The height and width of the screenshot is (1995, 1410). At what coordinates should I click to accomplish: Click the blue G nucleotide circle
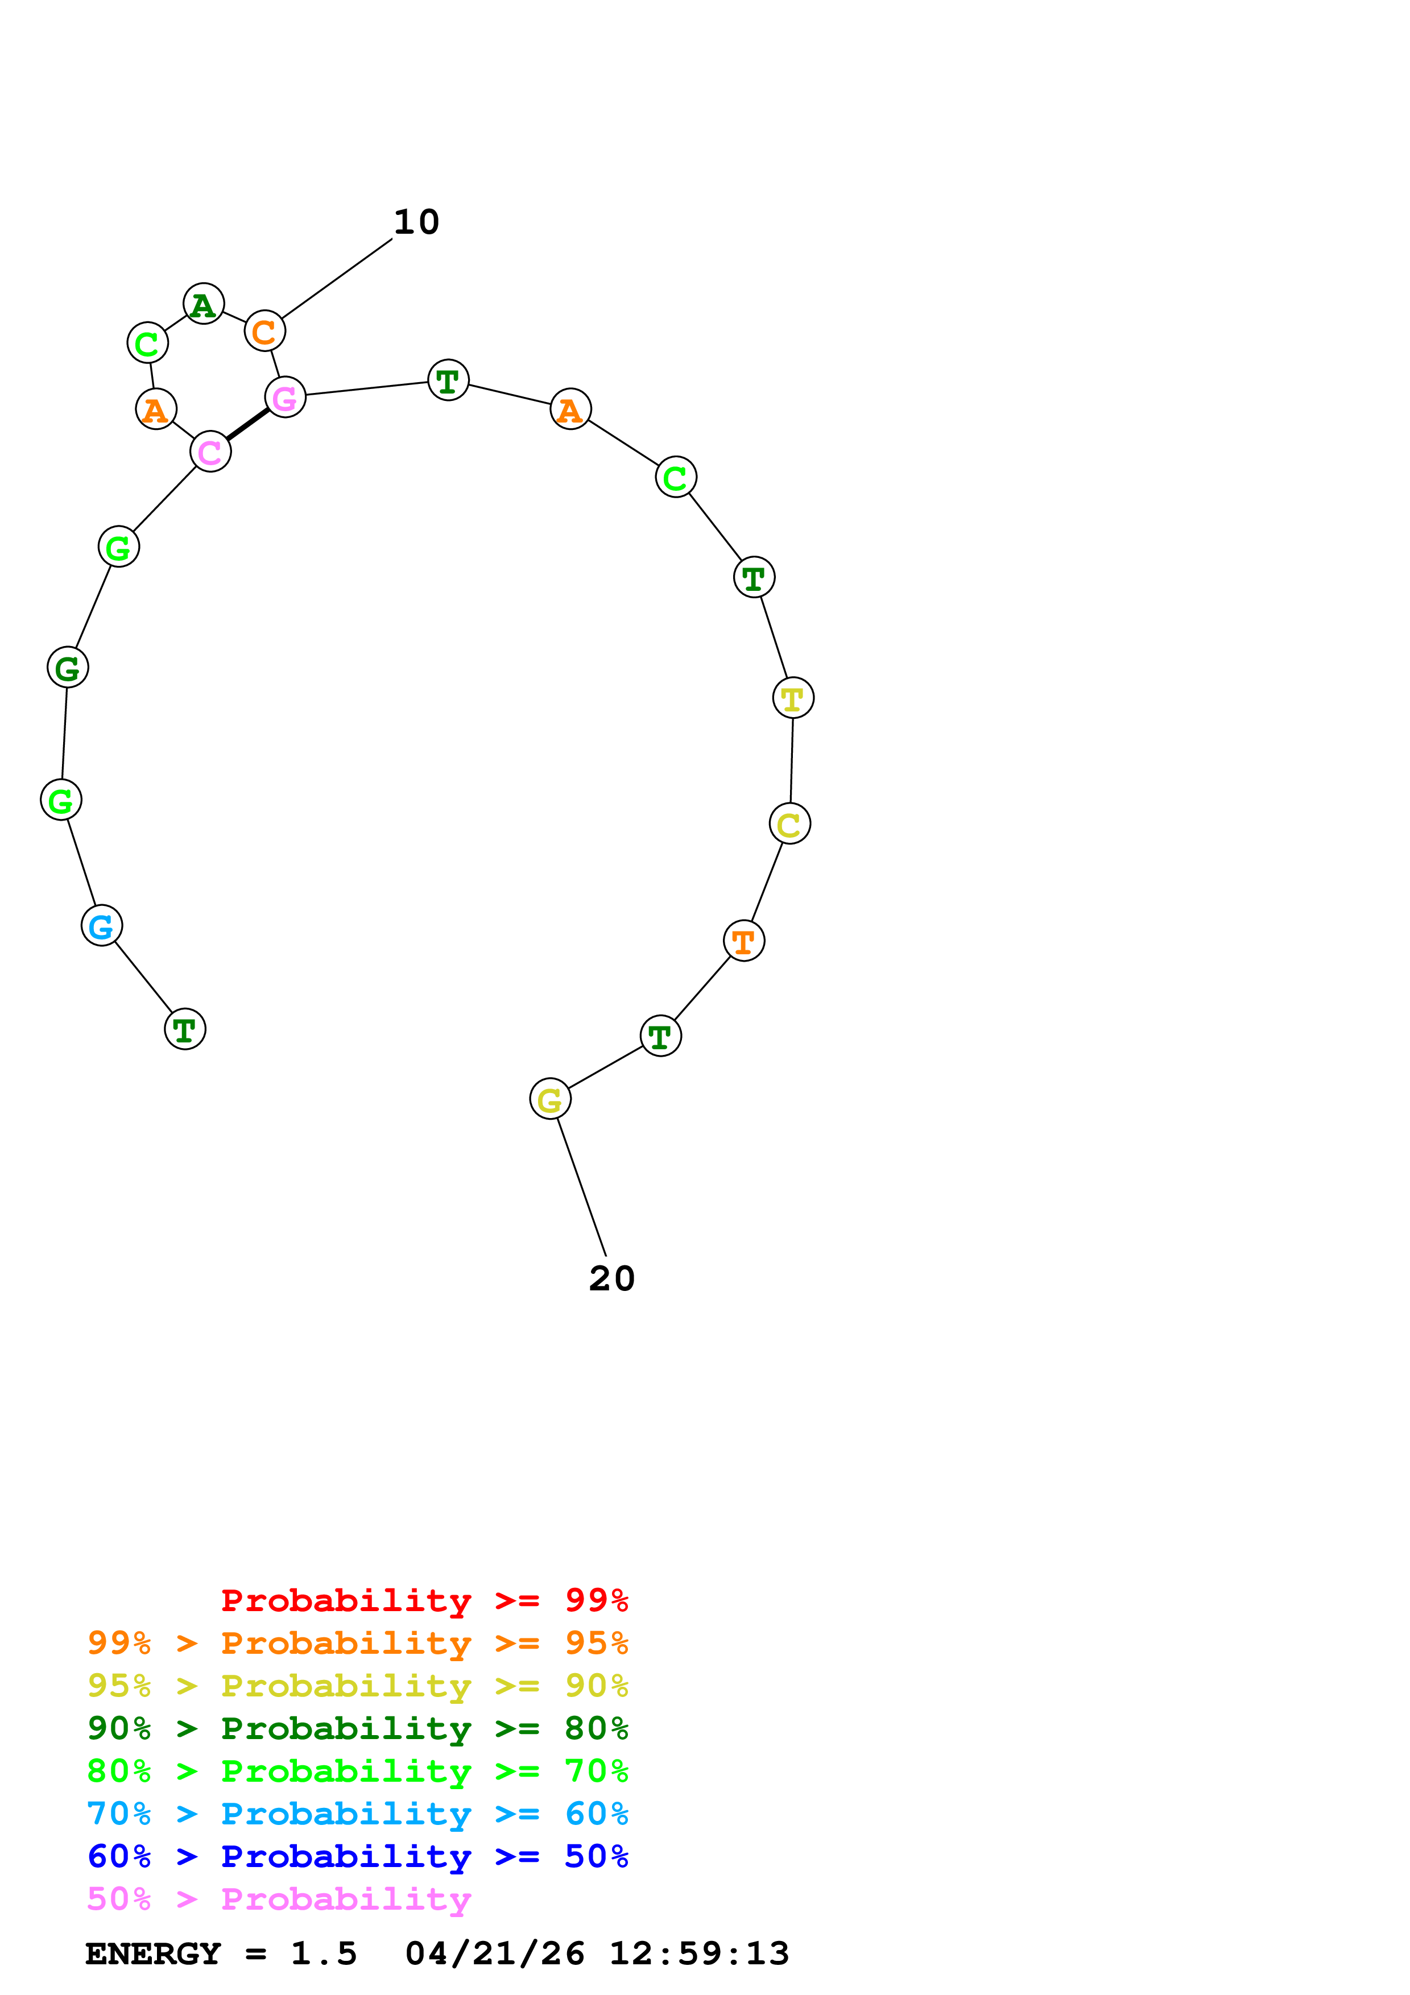(102, 925)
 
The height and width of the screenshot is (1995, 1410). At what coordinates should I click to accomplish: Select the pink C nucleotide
(210, 452)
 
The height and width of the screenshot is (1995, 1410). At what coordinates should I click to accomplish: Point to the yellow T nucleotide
(792, 698)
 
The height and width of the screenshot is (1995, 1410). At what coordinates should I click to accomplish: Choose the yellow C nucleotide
(789, 823)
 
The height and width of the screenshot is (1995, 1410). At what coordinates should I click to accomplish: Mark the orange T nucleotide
(743, 941)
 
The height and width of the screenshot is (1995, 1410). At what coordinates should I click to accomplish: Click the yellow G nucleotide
(550, 1100)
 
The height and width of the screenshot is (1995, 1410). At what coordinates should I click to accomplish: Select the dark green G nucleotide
(68, 667)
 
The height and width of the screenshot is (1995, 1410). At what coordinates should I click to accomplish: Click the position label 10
(416, 222)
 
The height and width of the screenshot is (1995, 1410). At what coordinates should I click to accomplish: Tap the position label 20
(611, 1279)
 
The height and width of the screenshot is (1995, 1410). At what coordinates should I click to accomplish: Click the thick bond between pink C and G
(247, 425)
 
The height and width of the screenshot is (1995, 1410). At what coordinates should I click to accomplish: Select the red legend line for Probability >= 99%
(424, 1600)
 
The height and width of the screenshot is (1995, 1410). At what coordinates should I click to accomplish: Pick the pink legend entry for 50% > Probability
(279, 1898)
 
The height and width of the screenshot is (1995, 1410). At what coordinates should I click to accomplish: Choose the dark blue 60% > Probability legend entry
(357, 1856)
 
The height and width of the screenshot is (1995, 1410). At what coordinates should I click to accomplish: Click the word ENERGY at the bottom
(153, 1953)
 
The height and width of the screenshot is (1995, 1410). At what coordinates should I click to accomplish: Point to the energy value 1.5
(323, 1953)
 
